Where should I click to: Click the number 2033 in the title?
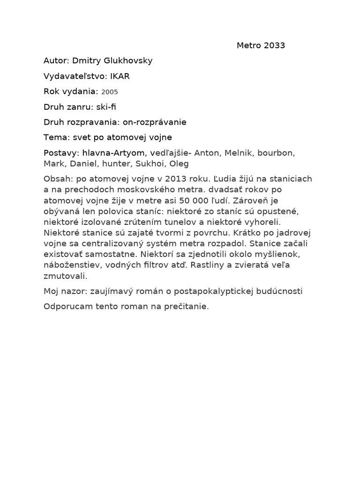point(274,45)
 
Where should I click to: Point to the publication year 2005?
point(110,92)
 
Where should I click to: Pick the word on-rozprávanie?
point(155,122)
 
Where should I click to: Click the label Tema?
point(56,137)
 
